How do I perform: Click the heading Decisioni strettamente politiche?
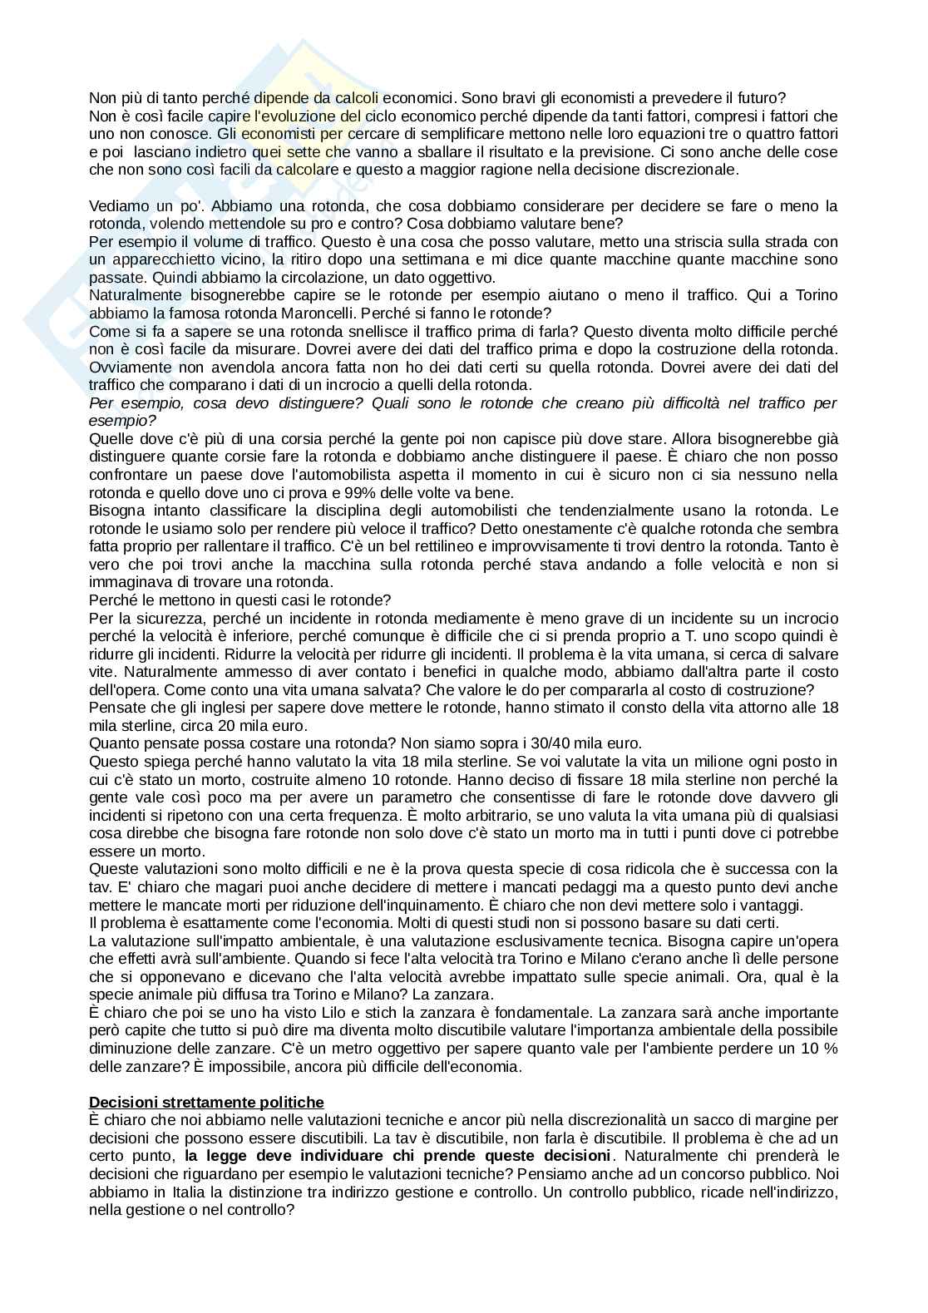pyautogui.click(x=206, y=1102)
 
